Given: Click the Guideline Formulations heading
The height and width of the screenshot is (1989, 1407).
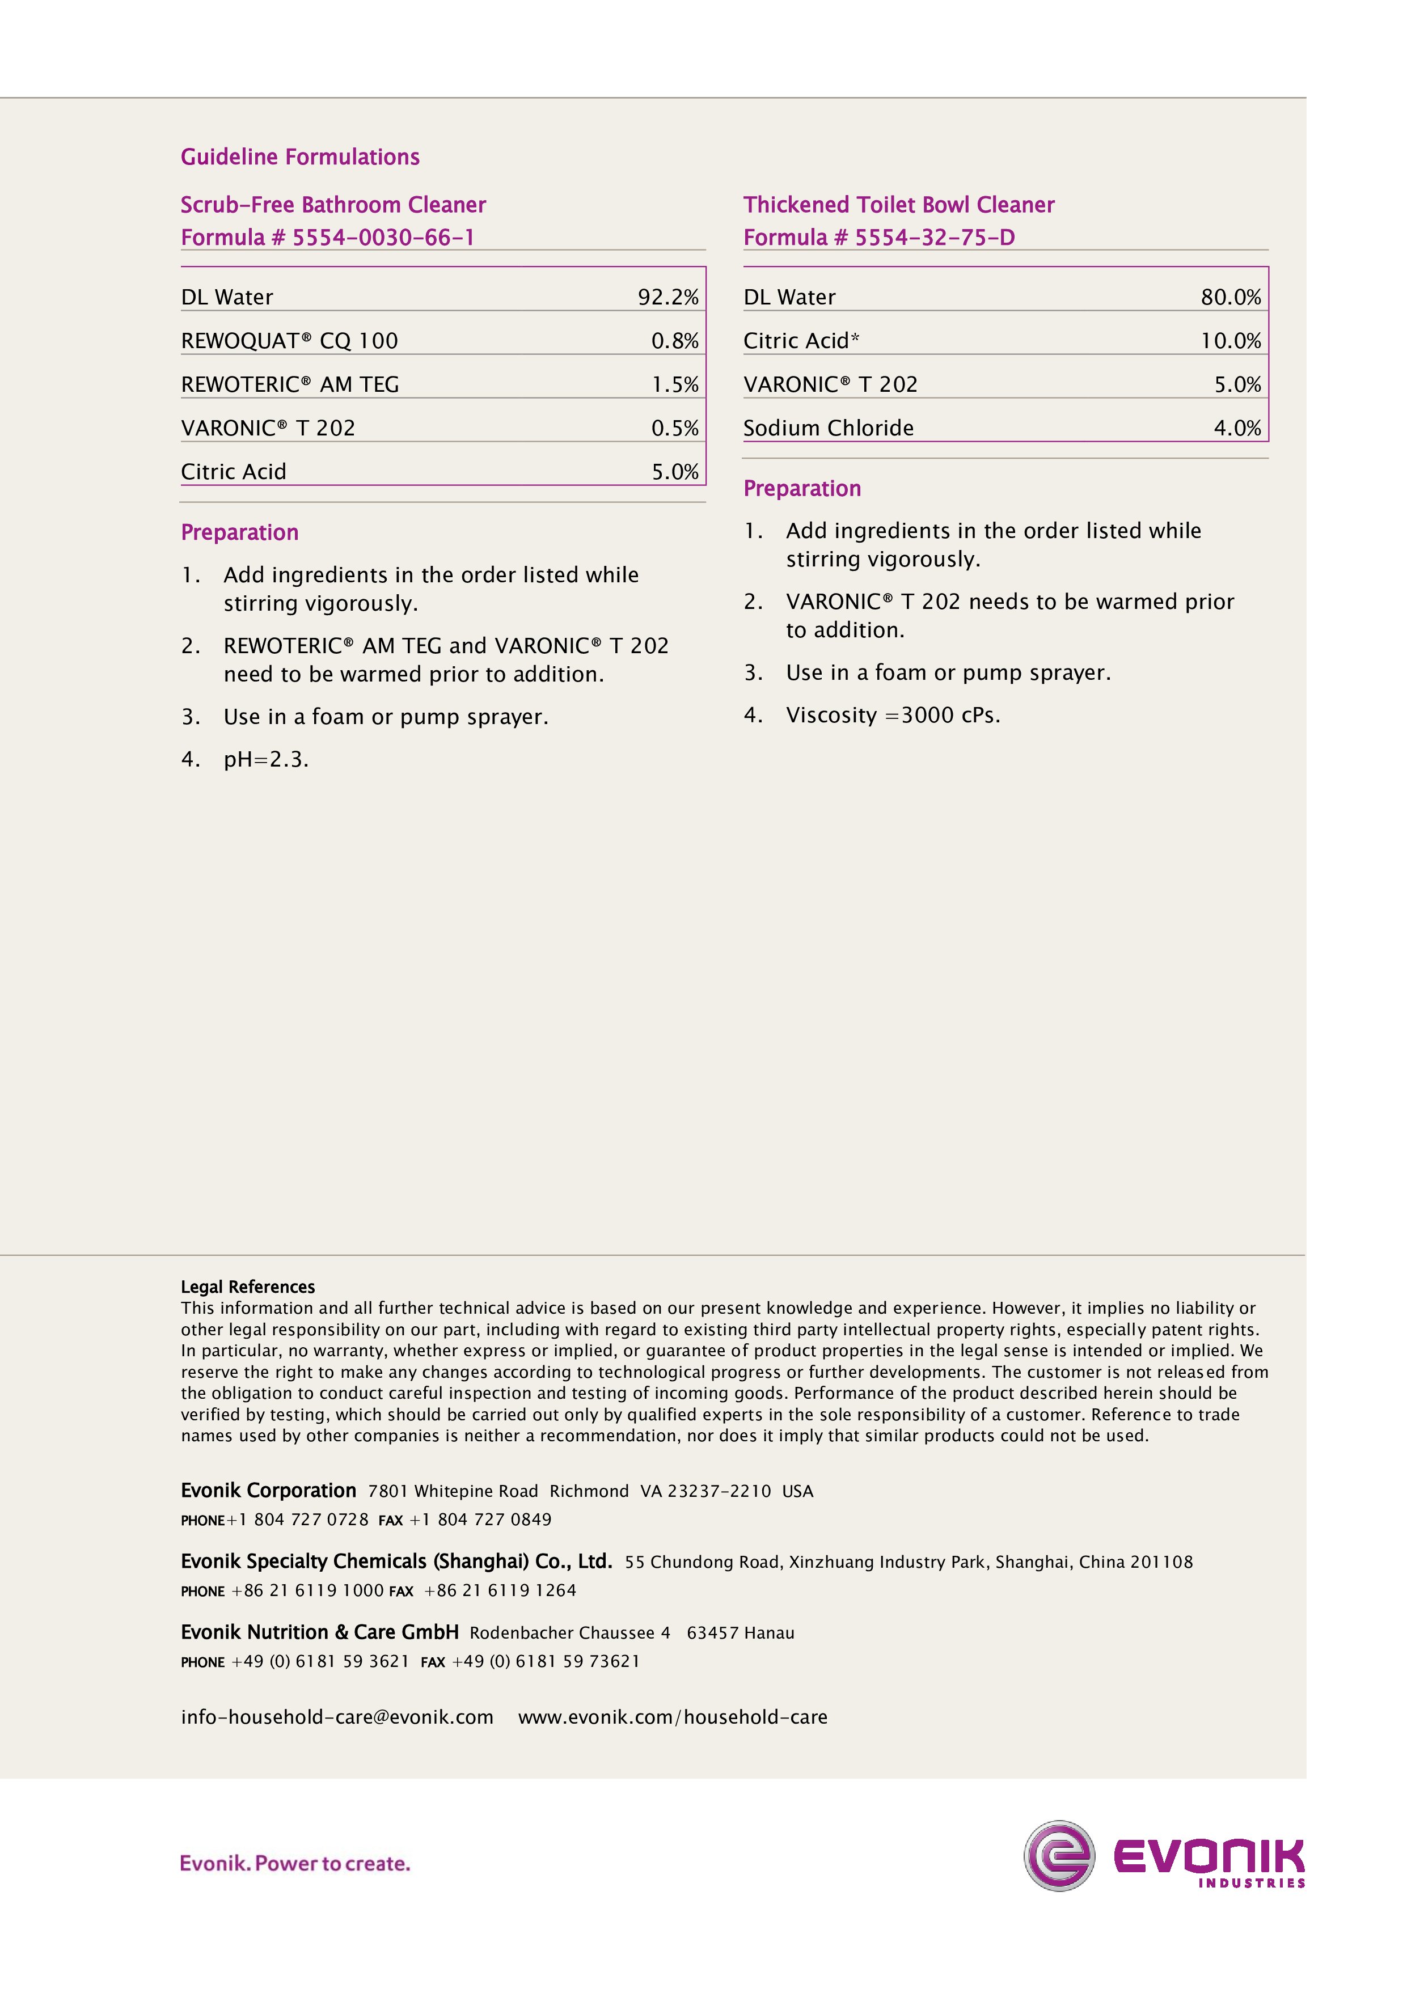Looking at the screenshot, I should pos(300,157).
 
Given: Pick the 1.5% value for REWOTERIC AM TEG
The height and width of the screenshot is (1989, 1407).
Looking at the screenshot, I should pos(674,384).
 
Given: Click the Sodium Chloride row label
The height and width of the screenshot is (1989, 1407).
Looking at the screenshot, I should pos(827,428).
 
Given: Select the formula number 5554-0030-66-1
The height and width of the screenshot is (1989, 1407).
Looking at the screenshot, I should pos(382,238).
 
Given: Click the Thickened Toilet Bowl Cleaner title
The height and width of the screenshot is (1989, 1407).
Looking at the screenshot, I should pos(898,205).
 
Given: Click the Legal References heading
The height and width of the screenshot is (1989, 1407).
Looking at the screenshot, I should pos(248,1286).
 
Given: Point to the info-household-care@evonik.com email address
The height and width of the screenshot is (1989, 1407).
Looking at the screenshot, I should pos(337,1717).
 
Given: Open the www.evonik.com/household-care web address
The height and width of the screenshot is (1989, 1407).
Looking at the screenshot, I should pos(673,1717).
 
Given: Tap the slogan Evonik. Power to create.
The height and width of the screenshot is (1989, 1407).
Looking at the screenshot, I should pos(294,1863).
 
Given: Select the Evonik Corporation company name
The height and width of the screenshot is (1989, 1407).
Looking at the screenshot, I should pos(269,1491).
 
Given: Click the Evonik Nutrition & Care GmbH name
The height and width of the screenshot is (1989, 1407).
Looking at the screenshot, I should pos(320,1633).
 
